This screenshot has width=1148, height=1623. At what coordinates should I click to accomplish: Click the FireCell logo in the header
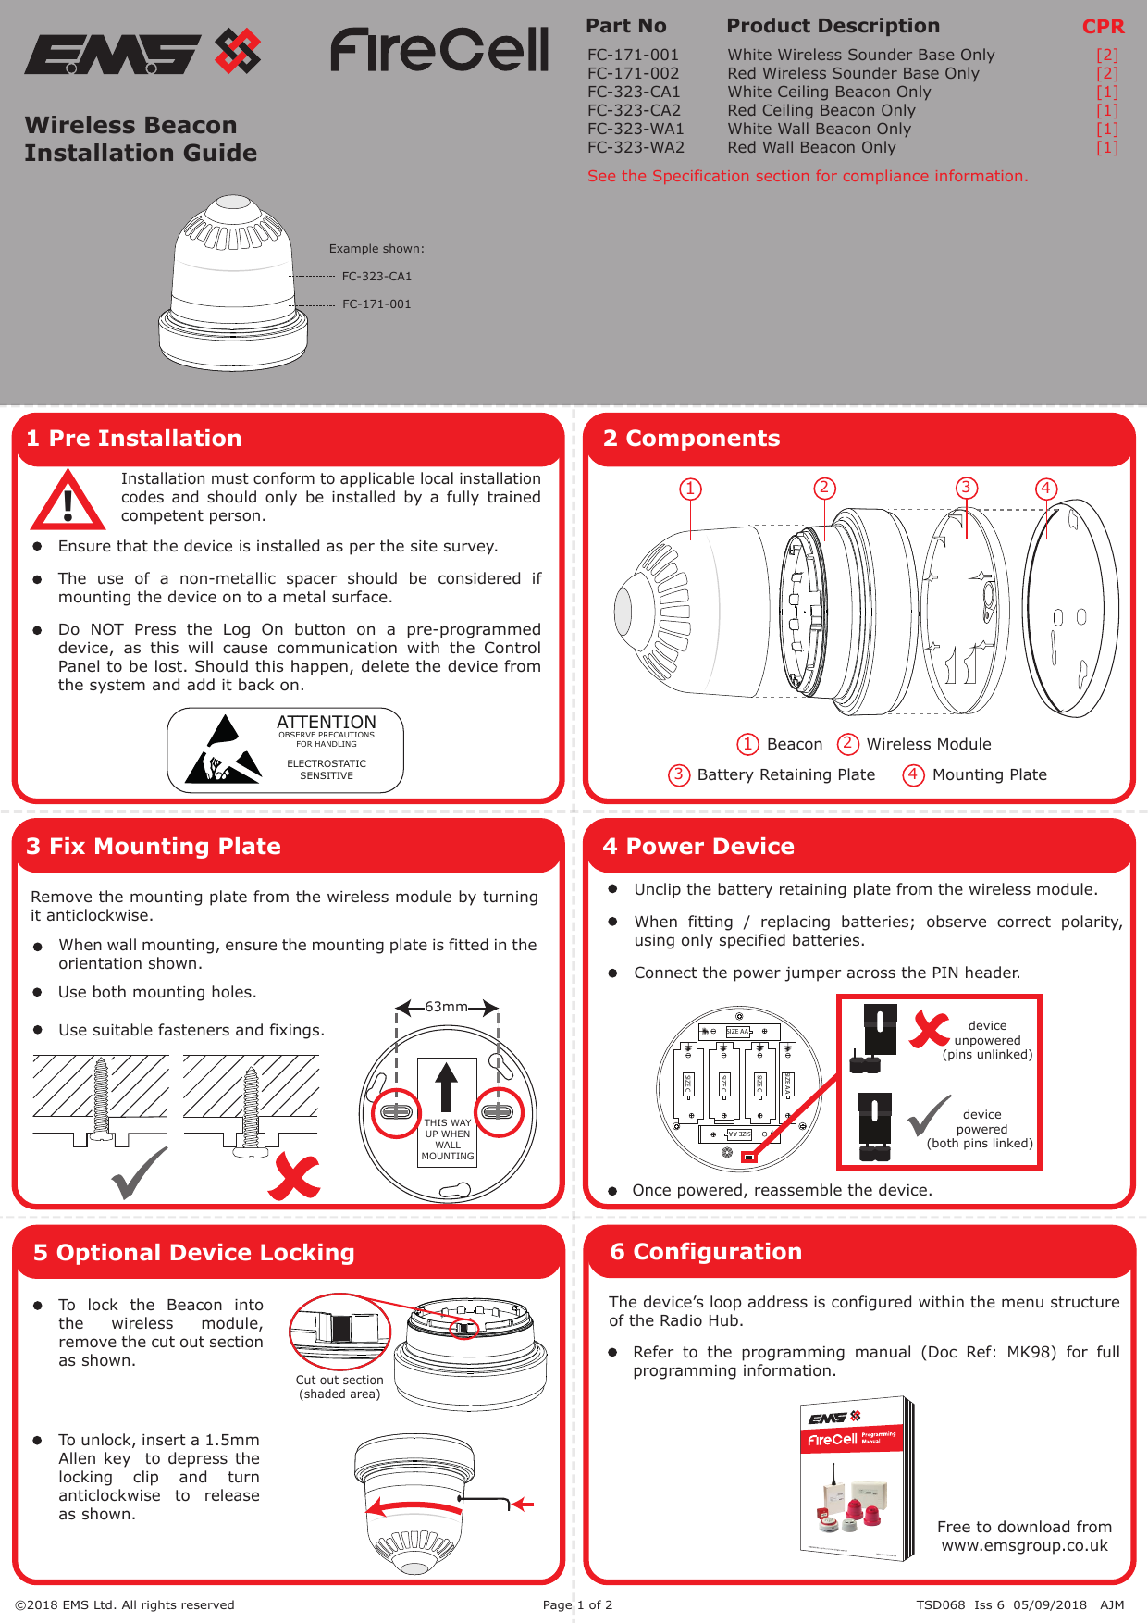[x=439, y=51]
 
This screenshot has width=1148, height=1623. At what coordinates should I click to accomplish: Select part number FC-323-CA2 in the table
[x=634, y=110]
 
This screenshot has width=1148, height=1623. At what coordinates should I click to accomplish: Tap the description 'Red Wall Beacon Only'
[x=811, y=147]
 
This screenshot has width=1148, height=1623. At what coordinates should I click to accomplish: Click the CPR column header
[x=1103, y=27]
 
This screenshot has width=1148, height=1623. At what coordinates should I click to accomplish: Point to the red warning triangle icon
[x=68, y=502]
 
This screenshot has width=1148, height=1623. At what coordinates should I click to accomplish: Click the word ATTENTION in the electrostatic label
[x=327, y=722]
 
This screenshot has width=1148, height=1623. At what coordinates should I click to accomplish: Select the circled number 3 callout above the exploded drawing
[x=966, y=488]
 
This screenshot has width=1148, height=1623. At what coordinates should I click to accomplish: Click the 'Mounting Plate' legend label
[x=989, y=774]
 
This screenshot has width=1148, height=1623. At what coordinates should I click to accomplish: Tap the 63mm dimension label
[x=446, y=1007]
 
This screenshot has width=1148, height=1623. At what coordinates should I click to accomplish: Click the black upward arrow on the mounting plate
[x=447, y=1086]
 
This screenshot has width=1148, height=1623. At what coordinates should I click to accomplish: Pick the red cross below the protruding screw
[x=293, y=1177]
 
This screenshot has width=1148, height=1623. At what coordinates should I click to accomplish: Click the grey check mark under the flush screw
[x=139, y=1172]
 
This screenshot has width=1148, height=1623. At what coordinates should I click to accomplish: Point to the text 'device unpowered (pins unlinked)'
[x=987, y=1040]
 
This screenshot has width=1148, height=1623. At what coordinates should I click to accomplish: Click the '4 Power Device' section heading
[x=698, y=846]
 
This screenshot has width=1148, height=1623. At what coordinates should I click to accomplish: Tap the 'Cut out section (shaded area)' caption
[x=339, y=1386]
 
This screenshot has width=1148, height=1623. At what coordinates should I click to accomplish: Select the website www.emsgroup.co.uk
[x=1024, y=1545]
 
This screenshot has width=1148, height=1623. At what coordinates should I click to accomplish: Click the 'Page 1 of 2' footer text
[x=577, y=1604]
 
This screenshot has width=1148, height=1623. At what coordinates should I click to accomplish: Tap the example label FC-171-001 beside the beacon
[x=376, y=304]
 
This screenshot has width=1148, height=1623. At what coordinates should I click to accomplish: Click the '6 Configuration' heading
[x=706, y=1251]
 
